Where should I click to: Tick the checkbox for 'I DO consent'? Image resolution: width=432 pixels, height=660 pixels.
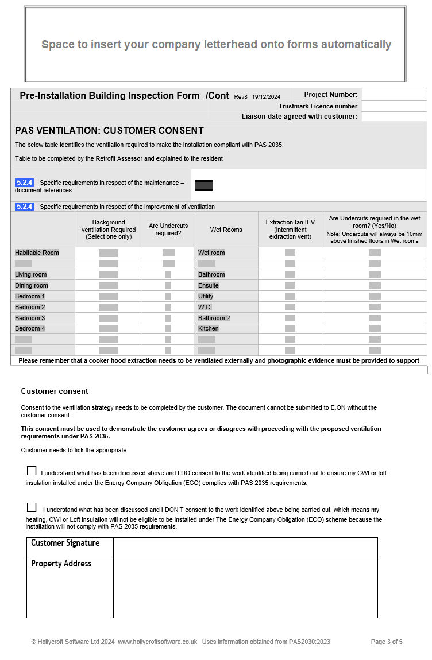(x=32, y=471)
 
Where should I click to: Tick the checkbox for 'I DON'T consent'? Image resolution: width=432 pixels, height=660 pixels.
(x=32, y=507)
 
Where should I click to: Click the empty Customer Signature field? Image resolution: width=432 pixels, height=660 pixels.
(x=245, y=548)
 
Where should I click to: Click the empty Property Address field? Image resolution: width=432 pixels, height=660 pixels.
(x=245, y=588)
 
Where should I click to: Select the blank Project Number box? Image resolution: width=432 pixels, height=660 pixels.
(x=394, y=95)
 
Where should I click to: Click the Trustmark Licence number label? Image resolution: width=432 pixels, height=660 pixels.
(x=318, y=106)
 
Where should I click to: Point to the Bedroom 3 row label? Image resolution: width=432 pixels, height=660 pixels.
(x=30, y=318)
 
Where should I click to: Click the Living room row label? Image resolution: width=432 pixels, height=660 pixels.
(x=31, y=274)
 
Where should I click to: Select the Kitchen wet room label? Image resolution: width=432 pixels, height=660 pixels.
(x=209, y=328)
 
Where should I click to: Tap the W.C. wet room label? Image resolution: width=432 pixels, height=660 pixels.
(x=205, y=307)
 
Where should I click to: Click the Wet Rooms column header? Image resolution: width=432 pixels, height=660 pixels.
(x=226, y=230)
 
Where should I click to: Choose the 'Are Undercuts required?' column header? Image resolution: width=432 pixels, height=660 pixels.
(x=168, y=230)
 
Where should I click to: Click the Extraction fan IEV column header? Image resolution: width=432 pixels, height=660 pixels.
(x=290, y=230)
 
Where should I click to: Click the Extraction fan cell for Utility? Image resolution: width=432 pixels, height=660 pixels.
(x=290, y=296)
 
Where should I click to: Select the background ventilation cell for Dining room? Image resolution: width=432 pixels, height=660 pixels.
(x=109, y=285)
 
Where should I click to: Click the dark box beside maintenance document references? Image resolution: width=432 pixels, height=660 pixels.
(x=204, y=185)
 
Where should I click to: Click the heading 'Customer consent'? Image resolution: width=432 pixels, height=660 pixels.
(x=55, y=391)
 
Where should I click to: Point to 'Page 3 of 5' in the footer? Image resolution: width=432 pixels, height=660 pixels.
(x=387, y=642)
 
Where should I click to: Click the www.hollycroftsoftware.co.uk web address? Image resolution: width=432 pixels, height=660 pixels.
(x=157, y=642)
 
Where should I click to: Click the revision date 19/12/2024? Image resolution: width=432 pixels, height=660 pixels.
(x=266, y=97)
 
